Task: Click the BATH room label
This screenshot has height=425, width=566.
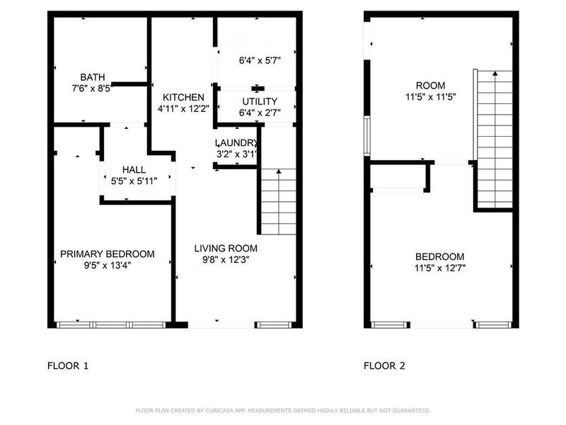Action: pos(92,77)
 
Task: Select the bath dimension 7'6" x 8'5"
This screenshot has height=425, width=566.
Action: pos(92,89)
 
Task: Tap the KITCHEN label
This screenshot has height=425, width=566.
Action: pos(183,97)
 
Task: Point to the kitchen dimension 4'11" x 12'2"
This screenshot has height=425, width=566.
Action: pos(183,109)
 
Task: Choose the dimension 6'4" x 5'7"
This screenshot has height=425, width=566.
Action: pos(260,61)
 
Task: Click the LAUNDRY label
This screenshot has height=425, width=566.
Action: pos(236,142)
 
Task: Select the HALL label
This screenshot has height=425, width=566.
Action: pos(134,170)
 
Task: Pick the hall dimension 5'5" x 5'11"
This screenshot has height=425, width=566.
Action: pos(134,181)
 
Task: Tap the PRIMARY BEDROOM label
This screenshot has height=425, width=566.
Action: pos(107,254)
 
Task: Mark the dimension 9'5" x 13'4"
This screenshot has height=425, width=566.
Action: pos(107,266)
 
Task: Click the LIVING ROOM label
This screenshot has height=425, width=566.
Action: pos(226,249)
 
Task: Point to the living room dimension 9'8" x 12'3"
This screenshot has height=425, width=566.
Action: pos(226,260)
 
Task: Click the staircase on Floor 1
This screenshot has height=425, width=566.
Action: pos(278,202)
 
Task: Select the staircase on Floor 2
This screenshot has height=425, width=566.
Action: pos(495,138)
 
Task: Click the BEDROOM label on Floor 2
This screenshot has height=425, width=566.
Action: pos(439,256)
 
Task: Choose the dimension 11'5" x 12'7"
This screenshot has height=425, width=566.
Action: pos(439,268)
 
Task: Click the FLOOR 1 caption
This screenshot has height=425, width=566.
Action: pos(68,366)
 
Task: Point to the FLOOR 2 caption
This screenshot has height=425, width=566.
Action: pos(384,366)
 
